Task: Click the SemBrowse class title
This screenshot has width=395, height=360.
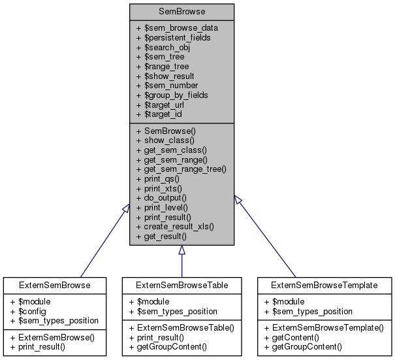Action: click(x=182, y=12)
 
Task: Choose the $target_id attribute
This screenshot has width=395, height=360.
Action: click(x=159, y=114)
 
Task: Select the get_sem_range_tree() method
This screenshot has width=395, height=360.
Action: click(x=181, y=169)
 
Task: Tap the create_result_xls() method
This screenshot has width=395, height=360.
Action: click(x=175, y=226)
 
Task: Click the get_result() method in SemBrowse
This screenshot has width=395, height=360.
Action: click(x=161, y=236)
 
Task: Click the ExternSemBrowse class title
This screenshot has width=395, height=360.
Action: click(x=54, y=286)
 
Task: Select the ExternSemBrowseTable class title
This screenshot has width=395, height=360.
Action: click(x=182, y=286)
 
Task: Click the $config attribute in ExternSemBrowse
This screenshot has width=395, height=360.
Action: click(x=30, y=311)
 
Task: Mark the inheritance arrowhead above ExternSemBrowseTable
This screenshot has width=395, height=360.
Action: click(x=182, y=250)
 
